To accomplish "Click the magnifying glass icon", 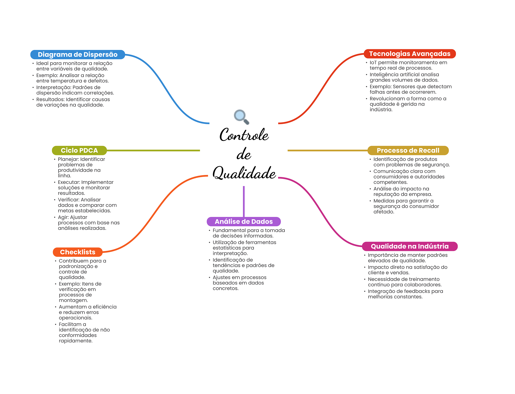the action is coord(241,117).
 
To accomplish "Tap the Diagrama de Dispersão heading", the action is coord(78,54).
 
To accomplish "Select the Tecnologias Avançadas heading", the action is coord(410,54).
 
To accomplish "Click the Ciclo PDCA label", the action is coord(79,150).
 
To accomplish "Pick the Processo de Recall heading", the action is coord(408,150).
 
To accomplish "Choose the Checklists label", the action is coord(78,252).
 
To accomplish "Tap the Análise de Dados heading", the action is coord(244,221).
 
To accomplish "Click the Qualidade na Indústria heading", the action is coord(410,246).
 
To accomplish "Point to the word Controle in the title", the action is coord(244,135).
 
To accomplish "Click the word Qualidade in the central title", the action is coord(244,173).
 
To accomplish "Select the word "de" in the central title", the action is coord(244,154).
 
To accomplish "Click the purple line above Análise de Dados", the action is coord(244,201).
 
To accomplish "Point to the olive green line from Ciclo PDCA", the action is coord(153,150).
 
